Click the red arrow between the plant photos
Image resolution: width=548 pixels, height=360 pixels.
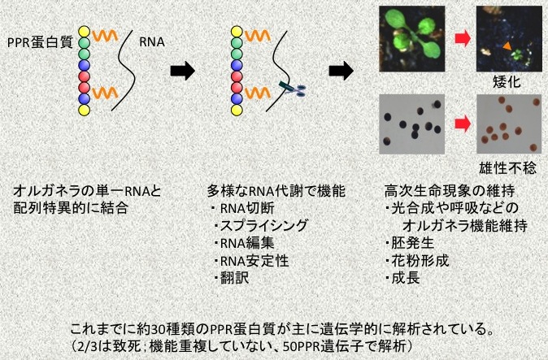pos(459,38)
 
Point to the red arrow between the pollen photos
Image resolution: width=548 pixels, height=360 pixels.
pos(459,124)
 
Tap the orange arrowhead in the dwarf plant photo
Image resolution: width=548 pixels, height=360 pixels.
pos(506,50)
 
